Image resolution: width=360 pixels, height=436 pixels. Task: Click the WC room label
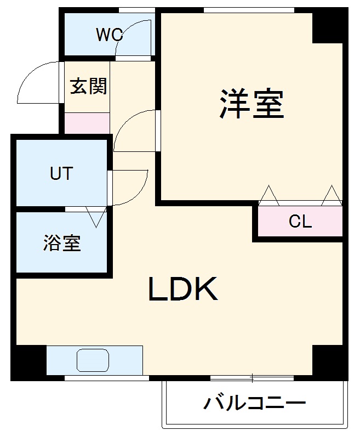(109, 35)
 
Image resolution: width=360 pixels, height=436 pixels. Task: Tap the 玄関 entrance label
(88, 86)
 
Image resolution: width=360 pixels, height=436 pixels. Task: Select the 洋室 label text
(252, 103)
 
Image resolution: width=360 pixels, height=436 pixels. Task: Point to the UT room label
(61, 174)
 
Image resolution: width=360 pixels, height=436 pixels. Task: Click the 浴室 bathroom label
(62, 243)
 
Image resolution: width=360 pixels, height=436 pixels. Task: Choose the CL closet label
(300, 222)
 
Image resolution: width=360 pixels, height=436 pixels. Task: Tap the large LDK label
(184, 290)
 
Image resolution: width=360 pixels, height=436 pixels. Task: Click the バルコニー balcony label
(255, 405)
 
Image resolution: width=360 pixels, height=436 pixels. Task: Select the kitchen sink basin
(93, 360)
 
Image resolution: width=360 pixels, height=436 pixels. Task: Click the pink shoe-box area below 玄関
(87, 122)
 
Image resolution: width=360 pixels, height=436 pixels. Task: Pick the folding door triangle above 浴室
(96, 216)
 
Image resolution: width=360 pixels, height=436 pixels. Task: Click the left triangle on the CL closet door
(268, 195)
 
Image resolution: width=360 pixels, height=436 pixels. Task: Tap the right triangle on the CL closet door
(331, 195)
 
